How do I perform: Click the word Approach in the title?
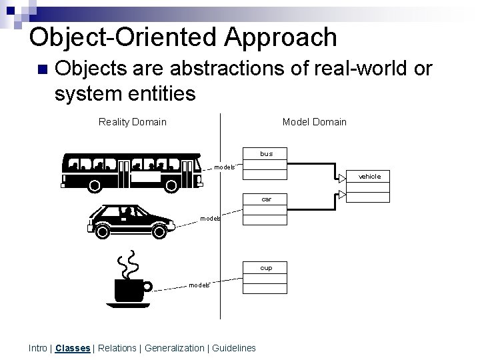coord(281,37)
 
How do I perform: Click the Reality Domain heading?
coord(132,121)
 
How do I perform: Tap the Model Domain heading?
coord(314,121)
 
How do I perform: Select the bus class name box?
coord(266,154)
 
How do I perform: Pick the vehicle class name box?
coord(369,177)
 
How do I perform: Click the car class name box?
coord(266,199)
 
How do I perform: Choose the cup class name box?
coord(266,268)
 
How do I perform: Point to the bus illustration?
coord(131,171)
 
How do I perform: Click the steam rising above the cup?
coord(127,264)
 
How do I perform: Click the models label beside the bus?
coord(225,167)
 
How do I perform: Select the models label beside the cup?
coord(199,285)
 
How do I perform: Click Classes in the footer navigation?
coord(73,348)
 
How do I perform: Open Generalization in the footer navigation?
coord(175,348)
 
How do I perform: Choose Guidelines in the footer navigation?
coord(234,348)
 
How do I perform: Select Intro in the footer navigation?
coord(38,348)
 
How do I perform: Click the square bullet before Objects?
coord(43,69)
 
